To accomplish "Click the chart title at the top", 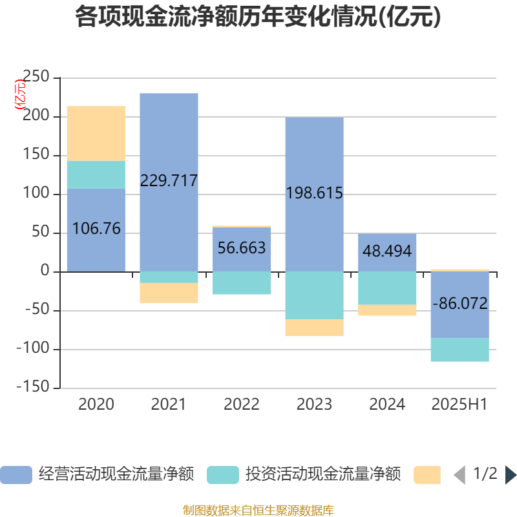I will click(x=258, y=17).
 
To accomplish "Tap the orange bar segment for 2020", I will click(x=96, y=133).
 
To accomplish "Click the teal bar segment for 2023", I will click(x=314, y=295).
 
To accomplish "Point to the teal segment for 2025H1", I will click(x=459, y=350).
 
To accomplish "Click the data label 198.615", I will click(x=314, y=193).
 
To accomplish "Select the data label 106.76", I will click(x=96, y=228).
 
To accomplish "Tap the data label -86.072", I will click(x=459, y=304).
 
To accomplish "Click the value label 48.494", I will click(x=387, y=251).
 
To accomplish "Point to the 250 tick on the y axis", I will click(x=36, y=78).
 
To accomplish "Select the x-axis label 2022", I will click(x=242, y=405).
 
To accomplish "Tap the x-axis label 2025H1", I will click(x=459, y=405).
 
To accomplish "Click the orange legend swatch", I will click(x=427, y=475).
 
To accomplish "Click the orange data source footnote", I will click(x=258, y=511).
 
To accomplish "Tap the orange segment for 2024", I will click(x=387, y=310).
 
